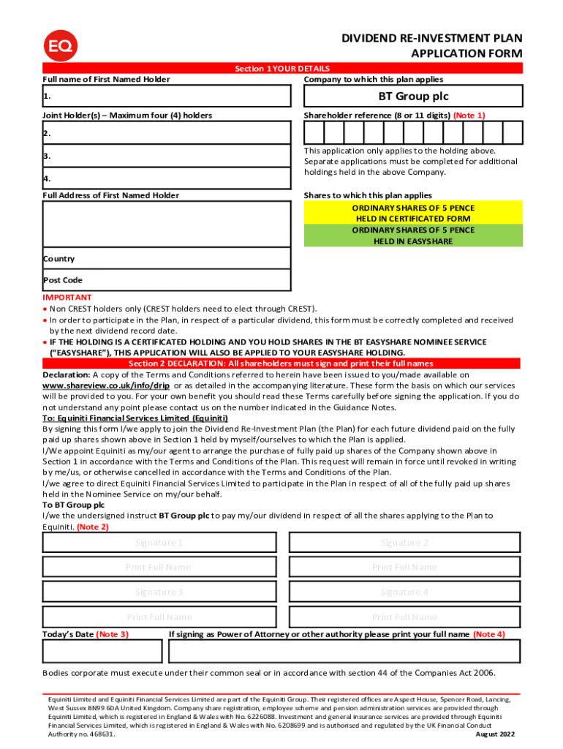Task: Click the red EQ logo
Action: tap(60, 46)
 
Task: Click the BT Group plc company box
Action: tap(413, 97)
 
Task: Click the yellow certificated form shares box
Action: tap(413, 213)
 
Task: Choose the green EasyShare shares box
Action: tap(413, 236)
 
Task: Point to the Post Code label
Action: tap(62, 280)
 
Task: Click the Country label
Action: tap(58, 259)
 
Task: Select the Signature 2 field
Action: tap(404, 543)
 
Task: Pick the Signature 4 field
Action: tap(404, 592)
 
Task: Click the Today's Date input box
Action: tap(102, 651)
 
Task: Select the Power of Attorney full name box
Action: tap(344, 651)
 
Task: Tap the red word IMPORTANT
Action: tap(67, 298)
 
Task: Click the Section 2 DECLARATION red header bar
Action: tap(281, 364)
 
